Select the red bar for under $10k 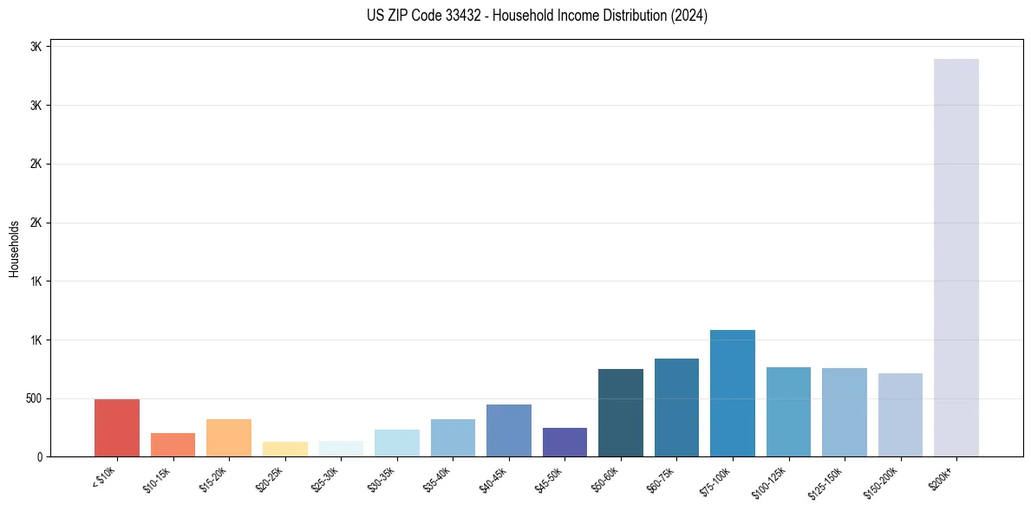[x=117, y=428]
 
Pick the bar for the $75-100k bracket [x=733, y=393]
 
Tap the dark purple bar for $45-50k [x=564, y=442]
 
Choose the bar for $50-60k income [x=621, y=412]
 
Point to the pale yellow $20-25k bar [x=285, y=449]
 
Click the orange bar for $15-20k [x=229, y=437]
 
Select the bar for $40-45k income [x=509, y=430]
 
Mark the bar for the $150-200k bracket [x=900, y=415]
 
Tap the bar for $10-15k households [x=173, y=444]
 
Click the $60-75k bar [x=676, y=407]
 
